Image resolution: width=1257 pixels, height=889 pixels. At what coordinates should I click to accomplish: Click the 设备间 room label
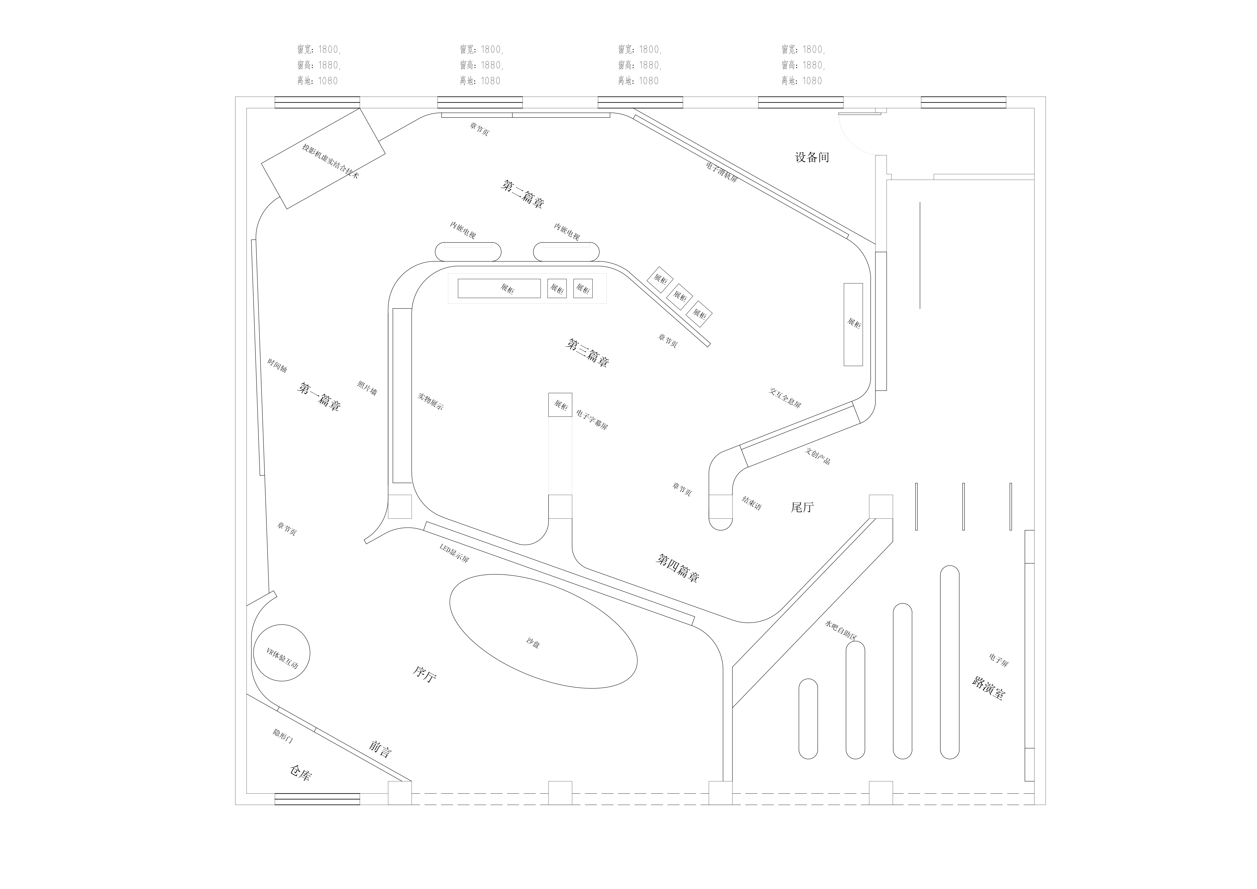point(812,158)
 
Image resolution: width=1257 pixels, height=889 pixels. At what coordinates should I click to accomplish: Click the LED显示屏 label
point(454,553)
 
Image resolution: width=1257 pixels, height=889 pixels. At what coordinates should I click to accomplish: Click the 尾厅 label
point(802,507)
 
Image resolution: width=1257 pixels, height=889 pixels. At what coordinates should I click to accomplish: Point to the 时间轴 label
point(277,366)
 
